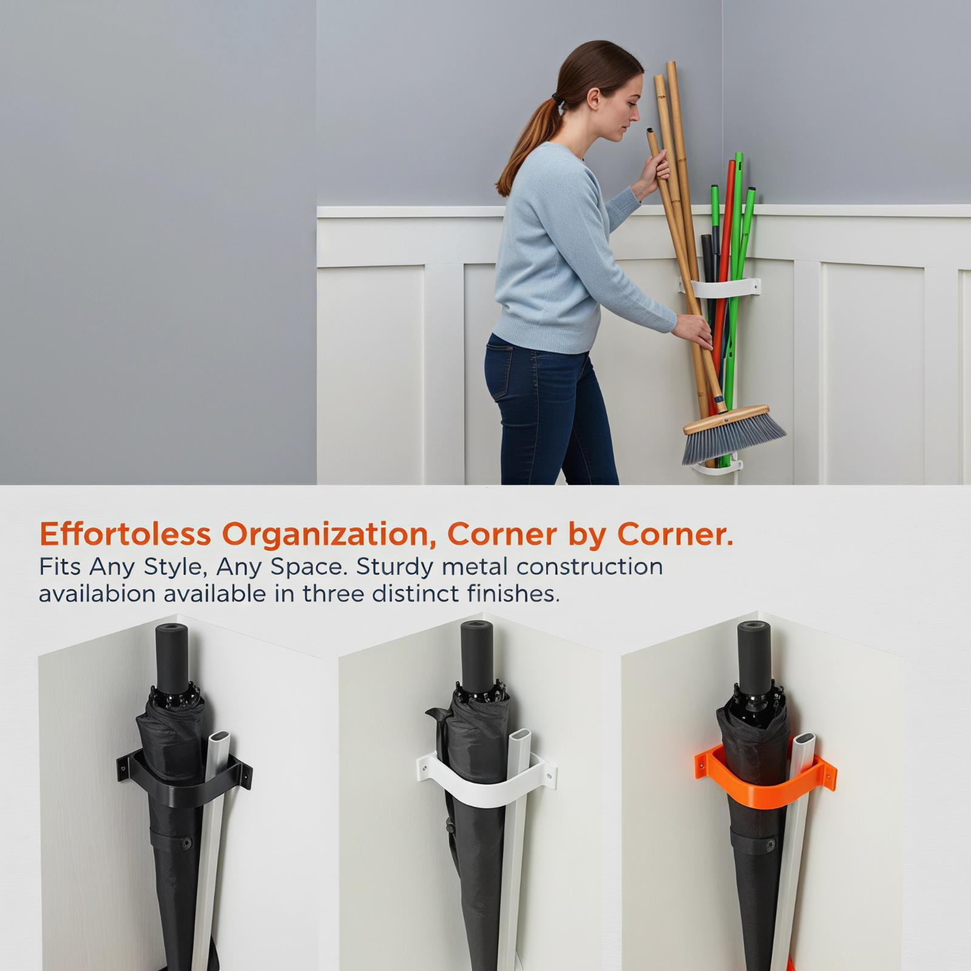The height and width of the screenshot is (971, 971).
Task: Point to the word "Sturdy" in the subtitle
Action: tap(394, 567)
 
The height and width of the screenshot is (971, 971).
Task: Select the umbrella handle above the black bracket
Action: tap(172, 658)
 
